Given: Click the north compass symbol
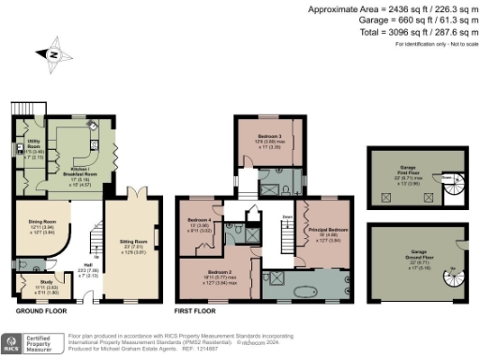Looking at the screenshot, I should point(53,54).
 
